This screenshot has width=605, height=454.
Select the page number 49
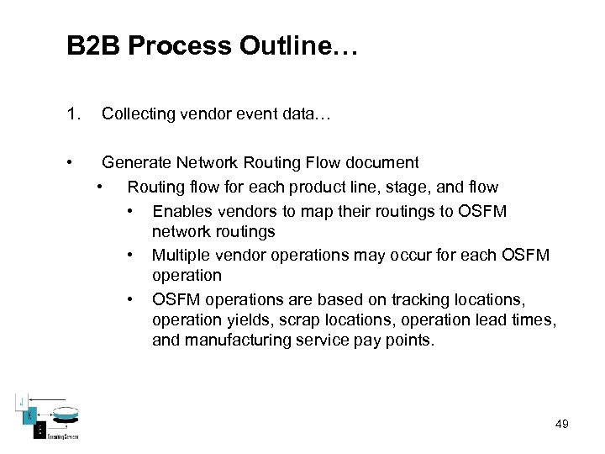point(561,424)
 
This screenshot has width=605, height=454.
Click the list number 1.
point(74,113)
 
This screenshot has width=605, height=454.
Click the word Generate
point(135,162)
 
